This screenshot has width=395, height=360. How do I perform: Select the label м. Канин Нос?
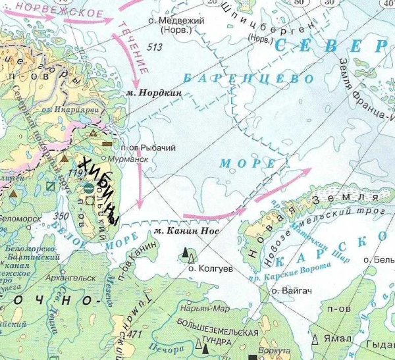pyautogui.click(x=184, y=231)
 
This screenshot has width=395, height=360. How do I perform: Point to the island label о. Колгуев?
pyautogui.click(x=207, y=269)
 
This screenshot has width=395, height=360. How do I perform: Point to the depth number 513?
pyautogui.click(x=155, y=47)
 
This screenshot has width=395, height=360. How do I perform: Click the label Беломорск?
pyautogui.click(x=19, y=218)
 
